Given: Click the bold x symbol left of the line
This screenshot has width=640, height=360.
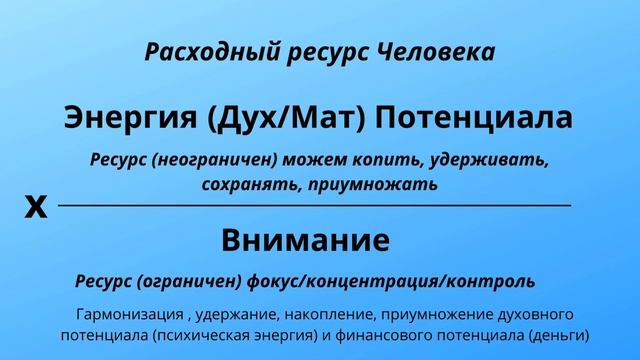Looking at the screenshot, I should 35,207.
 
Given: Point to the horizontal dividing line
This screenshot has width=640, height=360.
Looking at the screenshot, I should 315,205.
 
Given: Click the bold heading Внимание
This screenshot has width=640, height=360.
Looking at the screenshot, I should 305,240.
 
